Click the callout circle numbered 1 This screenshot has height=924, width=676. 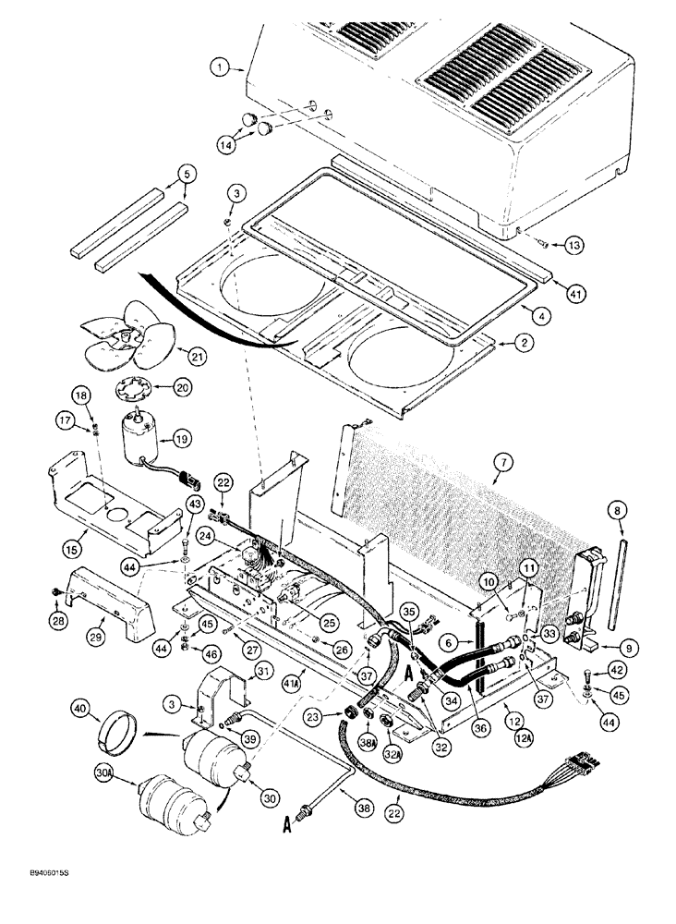pyautogui.click(x=218, y=67)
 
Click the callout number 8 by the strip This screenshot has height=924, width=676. pyautogui.click(x=616, y=509)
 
